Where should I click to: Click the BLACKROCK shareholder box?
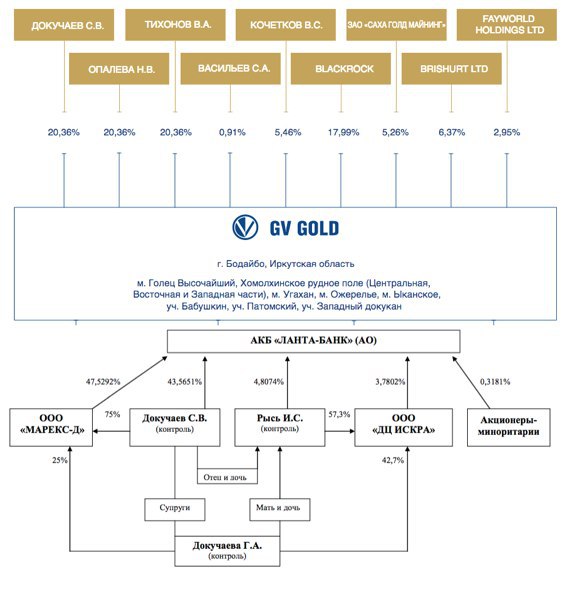pos(341,68)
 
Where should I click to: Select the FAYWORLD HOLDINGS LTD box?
pos(507,25)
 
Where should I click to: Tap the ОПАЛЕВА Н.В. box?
pos(119,68)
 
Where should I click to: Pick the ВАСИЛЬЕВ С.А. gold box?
pos(230,68)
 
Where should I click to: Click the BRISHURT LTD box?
pos(452,68)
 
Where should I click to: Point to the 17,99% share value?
pos(343,132)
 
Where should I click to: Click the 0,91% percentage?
pos(232,132)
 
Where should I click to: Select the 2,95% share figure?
pos(507,132)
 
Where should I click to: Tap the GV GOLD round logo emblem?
pos(245,227)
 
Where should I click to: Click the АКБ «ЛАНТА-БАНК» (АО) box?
pos(314,341)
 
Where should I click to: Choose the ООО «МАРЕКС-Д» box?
pos(51,427)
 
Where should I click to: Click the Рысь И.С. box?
pos(280,427)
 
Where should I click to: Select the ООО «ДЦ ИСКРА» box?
pos(403,427)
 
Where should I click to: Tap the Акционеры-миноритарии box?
pos(509,427)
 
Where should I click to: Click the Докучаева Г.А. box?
pos(227,551)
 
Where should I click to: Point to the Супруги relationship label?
pos(175,509)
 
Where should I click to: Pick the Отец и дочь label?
pos(227,477)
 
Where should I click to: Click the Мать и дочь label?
pos(280,509)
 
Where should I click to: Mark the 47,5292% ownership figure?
pos(103,382)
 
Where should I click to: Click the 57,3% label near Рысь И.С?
pos(339,414)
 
